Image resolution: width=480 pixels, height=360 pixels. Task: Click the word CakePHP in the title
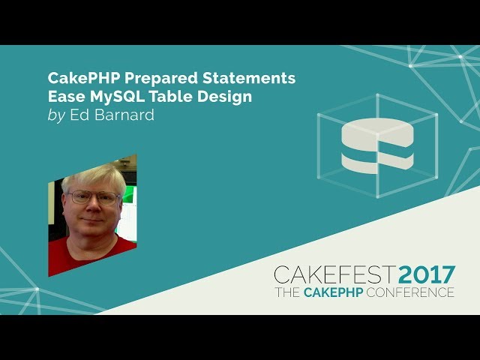84,78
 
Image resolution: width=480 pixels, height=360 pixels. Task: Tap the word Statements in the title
249,78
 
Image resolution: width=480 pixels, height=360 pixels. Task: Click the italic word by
57,115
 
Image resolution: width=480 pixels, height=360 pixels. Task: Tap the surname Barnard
124,115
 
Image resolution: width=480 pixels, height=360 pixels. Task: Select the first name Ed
80,115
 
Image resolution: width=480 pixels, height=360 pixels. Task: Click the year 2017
427,274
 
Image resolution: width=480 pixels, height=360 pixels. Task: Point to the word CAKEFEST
335,274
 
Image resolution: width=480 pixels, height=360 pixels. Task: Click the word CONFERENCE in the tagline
410,292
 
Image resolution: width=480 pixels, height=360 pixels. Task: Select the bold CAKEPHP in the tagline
333,292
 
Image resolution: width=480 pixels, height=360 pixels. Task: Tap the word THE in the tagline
287,292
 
